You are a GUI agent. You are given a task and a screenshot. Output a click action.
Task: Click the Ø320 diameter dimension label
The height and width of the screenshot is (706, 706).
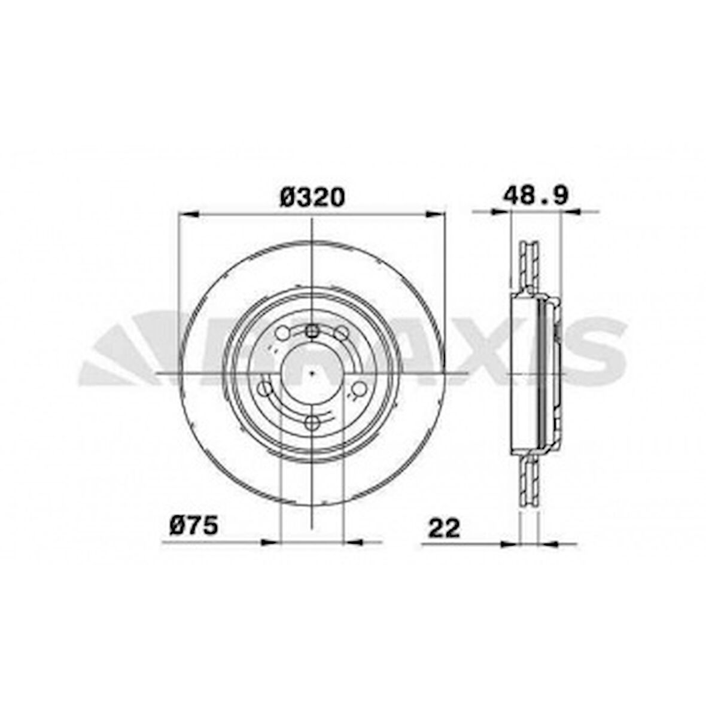click(x=312, y=197)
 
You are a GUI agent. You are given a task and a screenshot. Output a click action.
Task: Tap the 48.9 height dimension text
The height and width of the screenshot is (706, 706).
click(x=534, y=196)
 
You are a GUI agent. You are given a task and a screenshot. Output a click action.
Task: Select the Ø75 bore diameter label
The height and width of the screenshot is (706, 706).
click(x=193, y=527)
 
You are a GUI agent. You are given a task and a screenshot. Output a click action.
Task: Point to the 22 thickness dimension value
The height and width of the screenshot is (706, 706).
click(x=443, y=528)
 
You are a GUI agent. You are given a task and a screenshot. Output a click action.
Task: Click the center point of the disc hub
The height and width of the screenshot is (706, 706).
click(x=312, y=373)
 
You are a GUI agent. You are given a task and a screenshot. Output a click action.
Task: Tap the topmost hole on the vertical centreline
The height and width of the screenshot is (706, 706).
click(x=312, y=331)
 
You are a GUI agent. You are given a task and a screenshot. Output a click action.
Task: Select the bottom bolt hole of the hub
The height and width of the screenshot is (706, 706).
click(x=312, y=424)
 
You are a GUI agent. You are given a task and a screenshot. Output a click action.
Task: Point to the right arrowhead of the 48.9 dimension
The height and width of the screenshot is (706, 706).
click(x=570, y=211)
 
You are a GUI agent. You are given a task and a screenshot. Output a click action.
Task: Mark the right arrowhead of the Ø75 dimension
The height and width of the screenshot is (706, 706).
click(x=352, y=542)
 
